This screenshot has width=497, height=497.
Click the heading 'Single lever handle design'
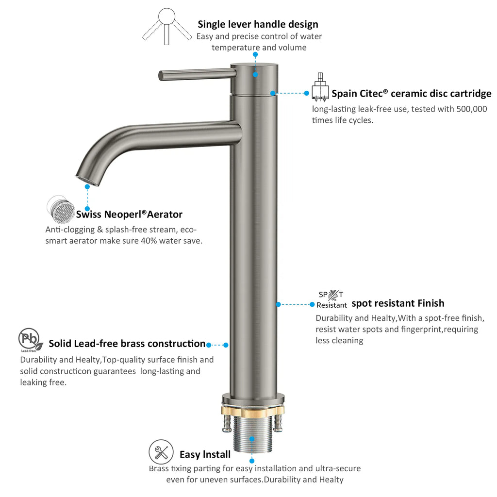tap(258, 24)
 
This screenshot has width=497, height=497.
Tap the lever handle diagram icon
tap(167, 27)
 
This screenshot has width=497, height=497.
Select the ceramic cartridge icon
tap(320, 87)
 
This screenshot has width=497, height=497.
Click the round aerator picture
tap(61, 209)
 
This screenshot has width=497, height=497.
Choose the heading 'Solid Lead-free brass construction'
tap(127, 344)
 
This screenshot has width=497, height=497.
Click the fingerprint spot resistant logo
tap(331, 299)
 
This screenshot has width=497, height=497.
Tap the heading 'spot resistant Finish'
tap(398, 303)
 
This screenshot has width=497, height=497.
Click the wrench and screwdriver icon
tap(161, 452)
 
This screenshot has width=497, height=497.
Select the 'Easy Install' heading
tap(205, 454)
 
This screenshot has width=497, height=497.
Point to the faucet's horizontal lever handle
tap(197, 74)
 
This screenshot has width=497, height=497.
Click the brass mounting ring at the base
tap(252, 410)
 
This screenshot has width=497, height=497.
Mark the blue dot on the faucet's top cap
tap(255, 75)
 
